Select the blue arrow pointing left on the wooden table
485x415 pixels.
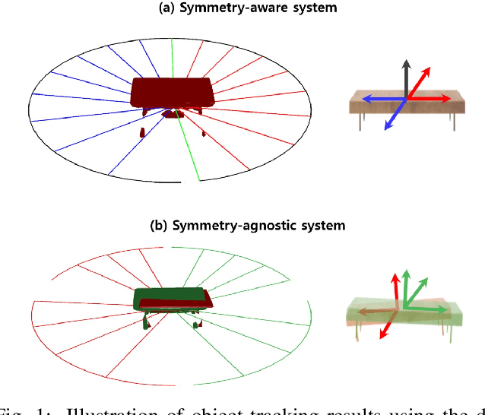(376, 98)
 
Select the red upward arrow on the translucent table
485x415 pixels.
(395, 290)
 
